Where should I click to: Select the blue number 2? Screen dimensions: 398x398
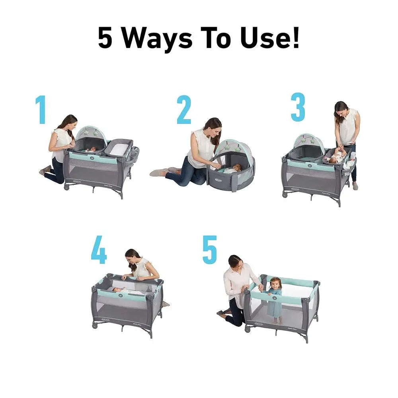[184, 110]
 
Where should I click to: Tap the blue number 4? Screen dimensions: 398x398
[99, 251]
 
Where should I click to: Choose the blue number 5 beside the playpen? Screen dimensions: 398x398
[210, 250]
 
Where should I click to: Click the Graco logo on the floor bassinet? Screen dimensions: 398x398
[216, 179]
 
